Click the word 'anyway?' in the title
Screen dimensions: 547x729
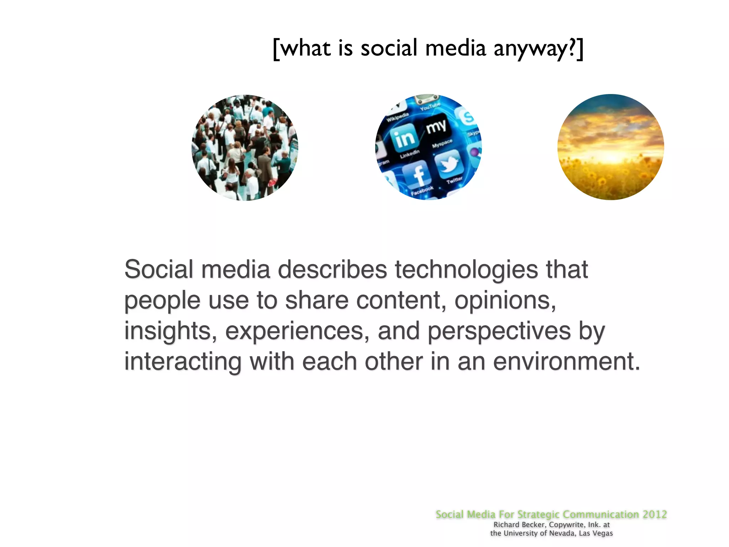click(534, 49)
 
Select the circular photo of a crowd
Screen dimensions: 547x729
click(245, 147)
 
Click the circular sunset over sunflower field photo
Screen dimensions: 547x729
click(610, 147)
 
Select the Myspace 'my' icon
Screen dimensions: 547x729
click(436, 126)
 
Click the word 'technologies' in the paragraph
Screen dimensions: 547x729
click(466, 270)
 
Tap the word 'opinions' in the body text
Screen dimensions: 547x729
click(505, 301)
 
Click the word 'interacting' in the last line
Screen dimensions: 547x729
click(183, 362)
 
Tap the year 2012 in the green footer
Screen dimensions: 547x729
click(655, 514)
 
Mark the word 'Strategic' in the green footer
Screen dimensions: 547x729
click(538, 514)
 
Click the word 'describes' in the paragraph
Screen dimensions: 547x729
click(332, 270)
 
